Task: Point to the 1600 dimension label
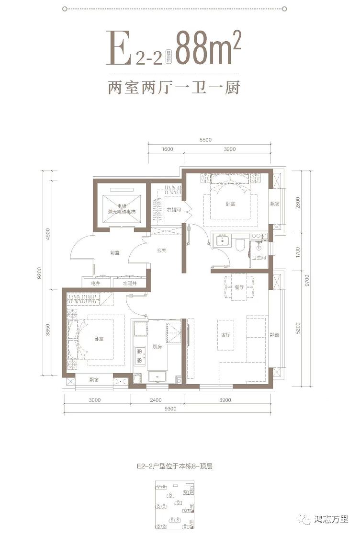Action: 167,149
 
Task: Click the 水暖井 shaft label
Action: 130,284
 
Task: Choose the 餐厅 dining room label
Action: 239,287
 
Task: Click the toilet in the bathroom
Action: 240,246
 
